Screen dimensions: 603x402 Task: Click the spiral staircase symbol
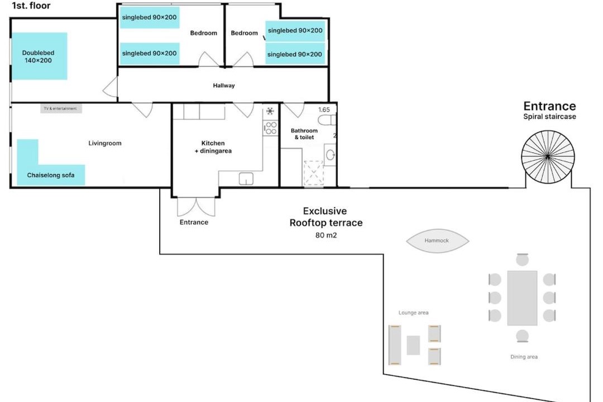(x=548, y=156)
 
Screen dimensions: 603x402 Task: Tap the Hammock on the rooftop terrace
(x=437, y=241)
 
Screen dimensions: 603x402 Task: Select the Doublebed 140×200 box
(x=39, y=56)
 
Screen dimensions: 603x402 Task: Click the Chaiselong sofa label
(x=51, y=175)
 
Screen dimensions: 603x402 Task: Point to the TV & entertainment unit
(x=61, y=109)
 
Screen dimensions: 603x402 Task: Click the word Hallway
(x=224, y=85)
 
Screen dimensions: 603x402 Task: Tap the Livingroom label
(x=105, y=143)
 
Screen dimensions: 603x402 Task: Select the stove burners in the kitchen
(x=270, y=128)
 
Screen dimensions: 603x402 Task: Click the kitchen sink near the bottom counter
(x=246, y=179)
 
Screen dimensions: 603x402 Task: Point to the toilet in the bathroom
(x=327, y=120)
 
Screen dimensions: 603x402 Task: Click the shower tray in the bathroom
(x=313, y=173)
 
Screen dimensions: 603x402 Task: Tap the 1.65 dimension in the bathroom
(x=324, y=110)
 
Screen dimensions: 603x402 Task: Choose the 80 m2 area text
(x=326, y=236)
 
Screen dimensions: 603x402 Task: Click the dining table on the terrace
(x=522, y=298)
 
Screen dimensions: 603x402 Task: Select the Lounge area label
(x=413, y=313)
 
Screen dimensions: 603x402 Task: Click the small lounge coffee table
(x=413, y=345)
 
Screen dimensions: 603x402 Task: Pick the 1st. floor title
(x=31, y=6)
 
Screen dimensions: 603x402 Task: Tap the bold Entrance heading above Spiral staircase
(x=549, y=106)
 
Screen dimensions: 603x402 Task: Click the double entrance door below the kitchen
(x=196, y=207)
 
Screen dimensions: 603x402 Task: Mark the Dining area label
(x=524, y=357)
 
